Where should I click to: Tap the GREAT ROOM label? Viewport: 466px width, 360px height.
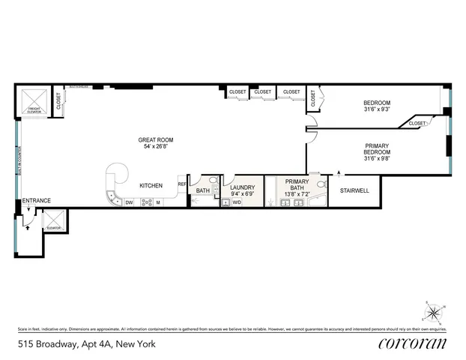[156, 139]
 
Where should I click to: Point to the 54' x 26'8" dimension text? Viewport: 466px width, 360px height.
[156, 147]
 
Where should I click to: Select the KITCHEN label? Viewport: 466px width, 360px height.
[152, 185]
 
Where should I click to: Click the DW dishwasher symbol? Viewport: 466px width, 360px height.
[129, 202]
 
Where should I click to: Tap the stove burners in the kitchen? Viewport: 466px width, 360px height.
[147, 202]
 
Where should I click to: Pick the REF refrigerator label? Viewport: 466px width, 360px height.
[181, 184]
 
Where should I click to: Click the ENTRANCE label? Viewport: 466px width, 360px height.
[36, 201]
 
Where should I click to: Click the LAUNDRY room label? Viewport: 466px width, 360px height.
[242, 187]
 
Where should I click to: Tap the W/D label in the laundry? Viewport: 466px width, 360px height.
[237, 202]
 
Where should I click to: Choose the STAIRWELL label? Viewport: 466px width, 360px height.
[355, 190]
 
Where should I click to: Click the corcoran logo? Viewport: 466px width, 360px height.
[411, 343]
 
